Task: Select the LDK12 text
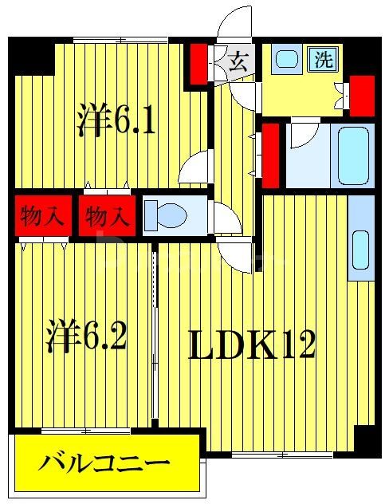pyautogui.click(x=252, y=345)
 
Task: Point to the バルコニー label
pyautogui.click(x=105, y=463)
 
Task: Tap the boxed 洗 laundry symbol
pyautogui.click(x=323, y=59)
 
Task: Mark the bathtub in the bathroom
pyautogui.click(x=354, y=155)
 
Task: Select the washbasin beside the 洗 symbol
pyautogui.click(x=285, y=58)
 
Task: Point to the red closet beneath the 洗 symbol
pyautogui.click(x=362, y=94)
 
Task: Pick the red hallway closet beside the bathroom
pyautogui.click(x=271, y=148)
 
